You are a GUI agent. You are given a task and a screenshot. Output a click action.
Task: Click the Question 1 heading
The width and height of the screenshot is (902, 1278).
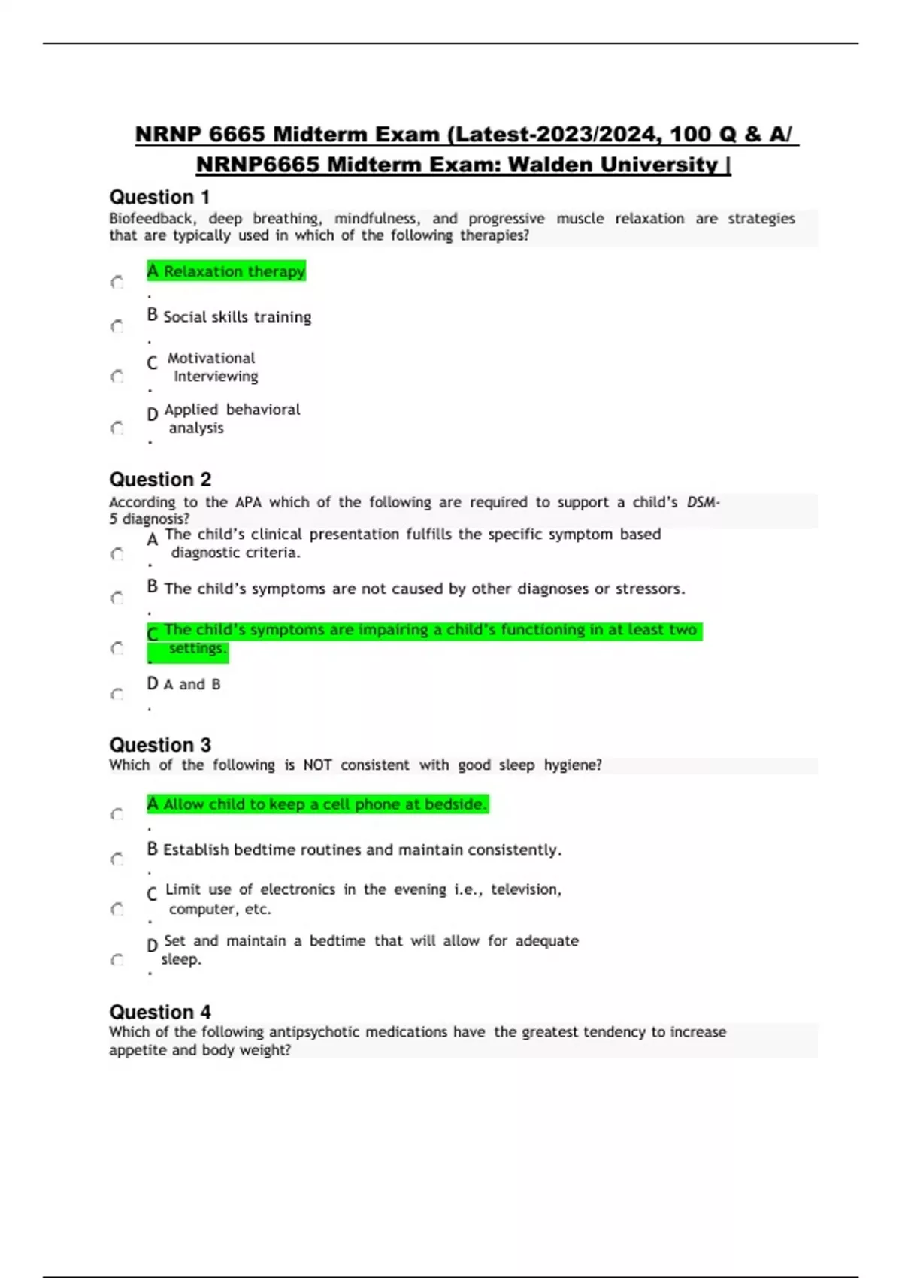159,197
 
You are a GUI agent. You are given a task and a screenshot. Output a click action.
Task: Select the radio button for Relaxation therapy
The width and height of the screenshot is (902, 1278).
117,283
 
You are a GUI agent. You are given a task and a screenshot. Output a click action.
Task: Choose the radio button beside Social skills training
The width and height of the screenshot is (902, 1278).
117,326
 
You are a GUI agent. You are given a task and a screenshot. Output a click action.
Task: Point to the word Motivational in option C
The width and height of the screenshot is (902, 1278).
211,358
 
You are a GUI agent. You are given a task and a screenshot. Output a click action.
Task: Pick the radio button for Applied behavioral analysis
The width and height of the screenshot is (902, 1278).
117,428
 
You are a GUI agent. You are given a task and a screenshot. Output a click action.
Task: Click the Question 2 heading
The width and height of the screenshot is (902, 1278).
160,479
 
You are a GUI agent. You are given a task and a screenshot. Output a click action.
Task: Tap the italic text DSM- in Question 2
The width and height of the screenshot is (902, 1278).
703,502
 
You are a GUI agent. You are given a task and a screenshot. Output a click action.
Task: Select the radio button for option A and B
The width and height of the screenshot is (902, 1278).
117,694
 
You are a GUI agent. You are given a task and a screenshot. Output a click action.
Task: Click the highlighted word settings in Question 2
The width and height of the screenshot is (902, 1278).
197,648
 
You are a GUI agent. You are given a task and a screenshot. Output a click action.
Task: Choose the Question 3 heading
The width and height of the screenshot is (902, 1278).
160,744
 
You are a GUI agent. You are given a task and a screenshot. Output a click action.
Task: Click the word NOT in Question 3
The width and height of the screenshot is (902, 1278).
317,765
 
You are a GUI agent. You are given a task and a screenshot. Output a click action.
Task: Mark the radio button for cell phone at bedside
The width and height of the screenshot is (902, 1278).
117,814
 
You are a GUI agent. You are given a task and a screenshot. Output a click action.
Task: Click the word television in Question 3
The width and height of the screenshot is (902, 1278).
525,889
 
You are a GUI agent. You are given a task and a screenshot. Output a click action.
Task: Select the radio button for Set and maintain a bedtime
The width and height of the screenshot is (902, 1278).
117,960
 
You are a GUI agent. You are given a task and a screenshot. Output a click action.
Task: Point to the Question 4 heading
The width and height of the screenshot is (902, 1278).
160,1011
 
